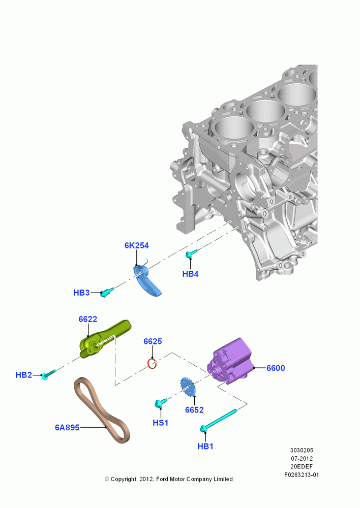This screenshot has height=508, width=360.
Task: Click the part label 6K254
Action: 137,245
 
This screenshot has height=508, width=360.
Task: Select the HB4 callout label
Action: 190,274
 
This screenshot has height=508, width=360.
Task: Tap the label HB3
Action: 81,293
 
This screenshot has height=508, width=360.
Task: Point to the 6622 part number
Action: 88,319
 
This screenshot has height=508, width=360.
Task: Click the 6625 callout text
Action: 153,341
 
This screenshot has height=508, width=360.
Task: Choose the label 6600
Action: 276,368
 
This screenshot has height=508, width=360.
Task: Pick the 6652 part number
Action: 194,410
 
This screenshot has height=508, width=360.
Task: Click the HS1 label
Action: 161,423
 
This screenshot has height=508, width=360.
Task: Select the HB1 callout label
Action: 205,447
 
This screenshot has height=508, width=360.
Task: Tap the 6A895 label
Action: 67,428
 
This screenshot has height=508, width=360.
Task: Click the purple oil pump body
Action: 231,361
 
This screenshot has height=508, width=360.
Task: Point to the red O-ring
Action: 152,364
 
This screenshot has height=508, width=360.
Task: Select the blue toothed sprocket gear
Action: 188,387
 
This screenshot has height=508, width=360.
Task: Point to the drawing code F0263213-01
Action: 302,475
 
